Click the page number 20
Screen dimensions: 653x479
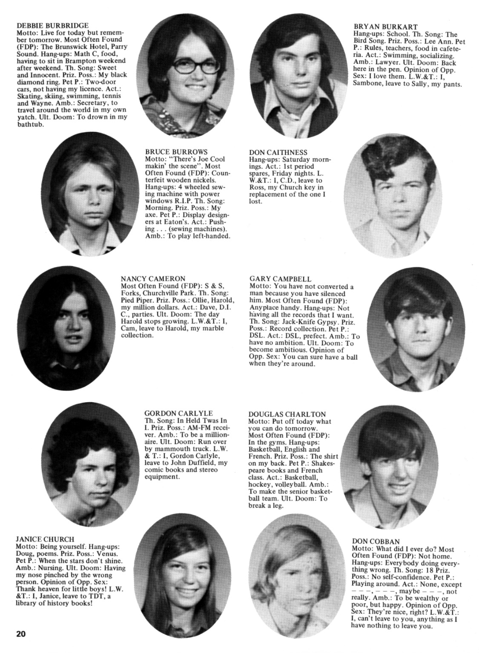pyautogui.click(x=21, y=634)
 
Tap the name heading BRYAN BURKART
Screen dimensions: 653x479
pyautogui.click(x=386, y=27)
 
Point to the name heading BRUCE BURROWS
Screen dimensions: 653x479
pyautogui.click(x=176, y=152)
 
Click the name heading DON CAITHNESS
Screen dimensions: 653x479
pyautogui.click(x=278, y=152)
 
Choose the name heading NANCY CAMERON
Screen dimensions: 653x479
pyautogui.click(x=153, y=279)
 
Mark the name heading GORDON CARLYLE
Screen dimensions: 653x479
pyautogui.click(x=178, y=413)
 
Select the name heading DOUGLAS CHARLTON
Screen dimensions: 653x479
pyautogui.click(x=287, y=414)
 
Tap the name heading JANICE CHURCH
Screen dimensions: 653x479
pyautogui.click(x=45, y=539)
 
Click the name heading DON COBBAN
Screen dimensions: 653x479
pyautogui.click(x=376, y=542)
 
